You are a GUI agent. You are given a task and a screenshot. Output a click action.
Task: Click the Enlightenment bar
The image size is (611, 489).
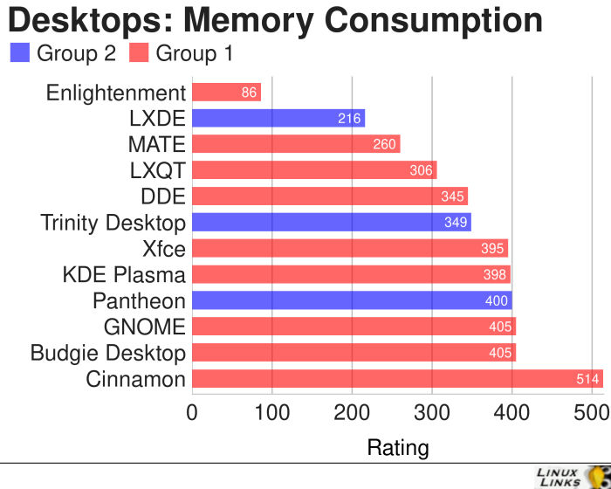[225, 93]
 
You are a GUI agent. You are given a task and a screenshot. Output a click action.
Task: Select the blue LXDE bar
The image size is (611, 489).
[278, 119]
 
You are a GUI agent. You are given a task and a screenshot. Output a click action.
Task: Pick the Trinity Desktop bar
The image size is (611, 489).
[331, 223]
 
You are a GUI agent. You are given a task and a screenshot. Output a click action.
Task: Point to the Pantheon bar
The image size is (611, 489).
[351, 301]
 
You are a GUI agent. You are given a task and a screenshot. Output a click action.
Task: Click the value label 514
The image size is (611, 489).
[587, 379]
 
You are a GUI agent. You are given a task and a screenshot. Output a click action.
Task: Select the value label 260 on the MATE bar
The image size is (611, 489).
[385, 145]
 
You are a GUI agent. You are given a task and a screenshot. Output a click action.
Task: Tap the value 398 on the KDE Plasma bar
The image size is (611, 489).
[495, 275]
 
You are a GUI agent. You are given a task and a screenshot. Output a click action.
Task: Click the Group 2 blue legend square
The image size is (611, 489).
[19, 53]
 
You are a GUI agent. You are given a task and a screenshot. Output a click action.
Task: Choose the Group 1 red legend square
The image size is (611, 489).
[138, 53]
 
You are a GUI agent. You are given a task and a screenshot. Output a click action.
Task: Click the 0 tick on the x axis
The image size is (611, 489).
[192, 411]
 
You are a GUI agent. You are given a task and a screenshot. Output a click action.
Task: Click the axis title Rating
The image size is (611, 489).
[398, 449]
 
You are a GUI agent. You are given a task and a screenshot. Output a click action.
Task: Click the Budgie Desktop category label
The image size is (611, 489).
[108, 354]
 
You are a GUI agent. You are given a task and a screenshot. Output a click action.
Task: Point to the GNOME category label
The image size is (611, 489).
[144, 327]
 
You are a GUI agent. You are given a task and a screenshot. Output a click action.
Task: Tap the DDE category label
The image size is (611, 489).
[163, 196]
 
